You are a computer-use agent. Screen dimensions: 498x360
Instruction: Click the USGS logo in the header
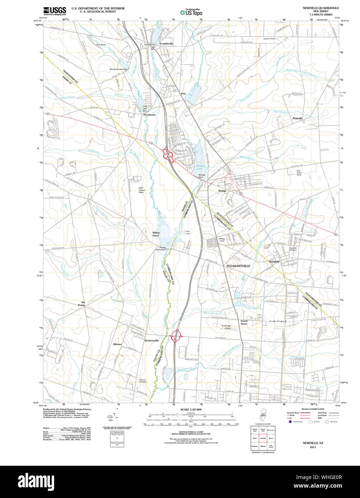(55, 11)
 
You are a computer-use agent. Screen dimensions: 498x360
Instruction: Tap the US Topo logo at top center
(191, 12)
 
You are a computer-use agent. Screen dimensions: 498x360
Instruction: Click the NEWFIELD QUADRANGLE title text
(321, 8)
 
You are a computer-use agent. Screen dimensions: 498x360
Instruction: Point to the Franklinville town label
(166, 44)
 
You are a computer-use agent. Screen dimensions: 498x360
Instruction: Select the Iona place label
(183, 94)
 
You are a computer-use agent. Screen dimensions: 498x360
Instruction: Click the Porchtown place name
(149, 115)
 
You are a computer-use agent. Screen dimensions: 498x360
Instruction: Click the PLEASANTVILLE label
(238, 266)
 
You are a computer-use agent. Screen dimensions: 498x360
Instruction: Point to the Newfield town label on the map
(274, 262)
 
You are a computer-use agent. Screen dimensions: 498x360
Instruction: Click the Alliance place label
(117, 344)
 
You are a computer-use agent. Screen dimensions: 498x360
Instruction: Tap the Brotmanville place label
(151, 340)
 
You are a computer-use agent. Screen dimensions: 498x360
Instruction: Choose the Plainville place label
(298, 118)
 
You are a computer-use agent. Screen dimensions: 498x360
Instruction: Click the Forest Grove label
(244, 322)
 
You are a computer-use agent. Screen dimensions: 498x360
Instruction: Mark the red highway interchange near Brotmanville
(177, 336)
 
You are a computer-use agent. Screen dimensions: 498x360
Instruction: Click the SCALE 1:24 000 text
(191, 410)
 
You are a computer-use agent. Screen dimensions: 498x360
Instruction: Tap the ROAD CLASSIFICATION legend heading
(313, 409)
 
